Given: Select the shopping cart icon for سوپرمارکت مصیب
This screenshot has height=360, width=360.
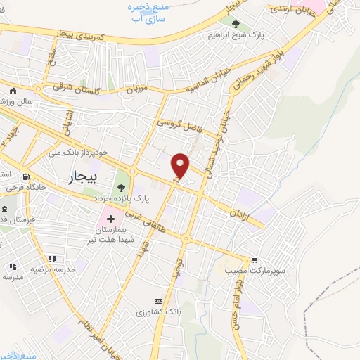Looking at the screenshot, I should (x=254, y=259).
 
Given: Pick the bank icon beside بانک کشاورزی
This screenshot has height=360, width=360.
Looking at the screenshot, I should (x=157, y=300).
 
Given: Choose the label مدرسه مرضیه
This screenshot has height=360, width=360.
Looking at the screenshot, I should (x=47, y=269).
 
